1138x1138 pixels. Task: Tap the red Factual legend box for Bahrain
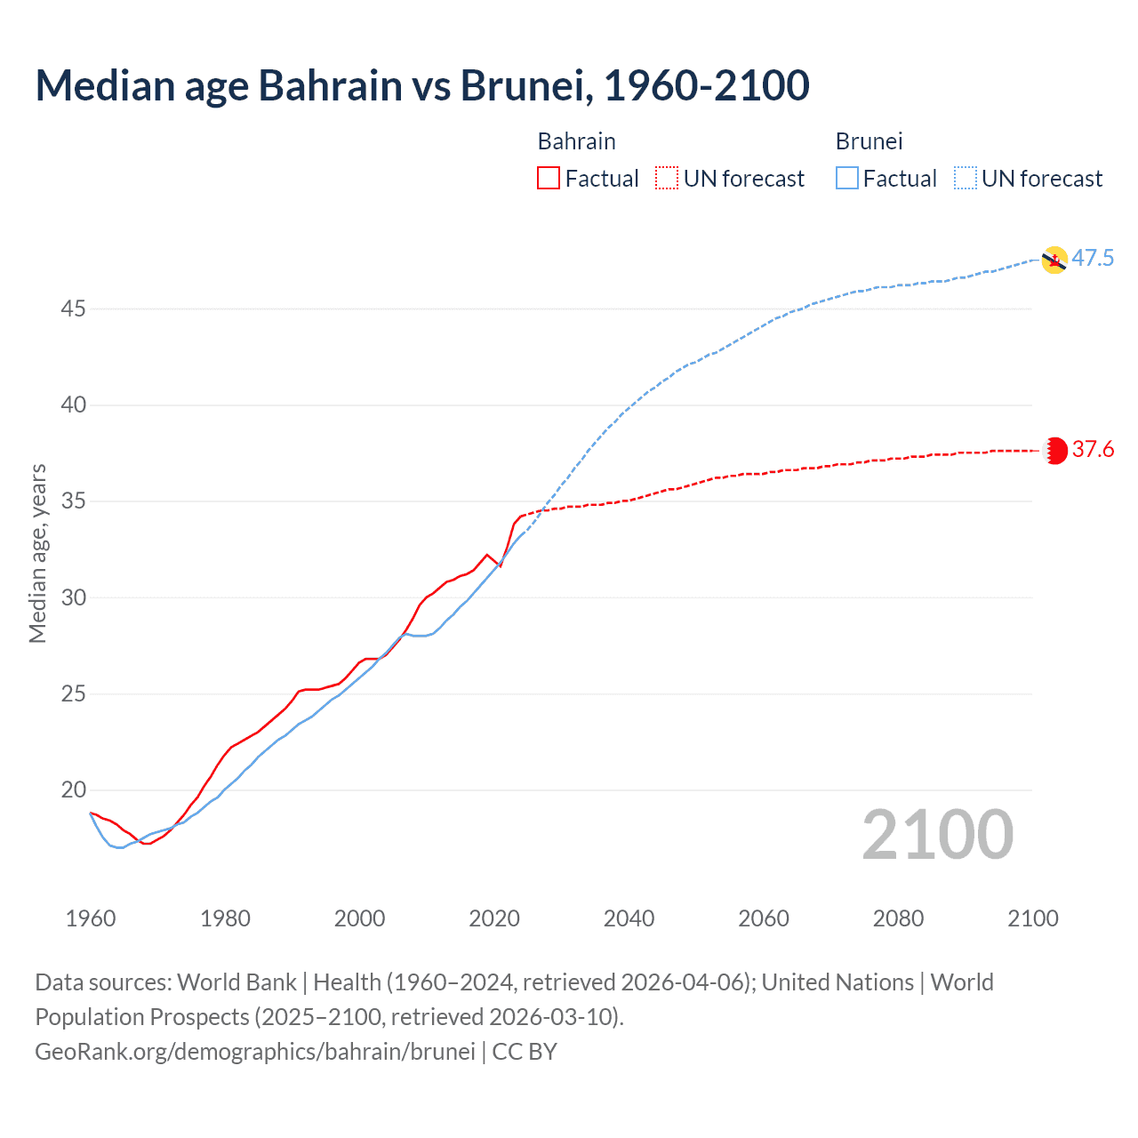tap(549, 179)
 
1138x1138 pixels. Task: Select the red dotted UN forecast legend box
tap(667, 179)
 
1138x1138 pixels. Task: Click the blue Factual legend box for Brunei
tap(847, 179)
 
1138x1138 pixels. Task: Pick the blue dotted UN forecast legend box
tap(965, 179)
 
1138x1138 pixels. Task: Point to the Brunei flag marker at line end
tap(1054, 260)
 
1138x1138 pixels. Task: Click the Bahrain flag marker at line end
tap(1055, 451)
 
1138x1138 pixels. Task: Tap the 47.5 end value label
tap(1093, 259)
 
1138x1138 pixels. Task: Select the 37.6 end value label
tap(1093, 450)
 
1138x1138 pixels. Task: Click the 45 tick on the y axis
tap(74, 309)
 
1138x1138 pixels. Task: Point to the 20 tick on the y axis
tap(74, 790)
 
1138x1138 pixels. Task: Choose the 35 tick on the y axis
tap(74, 501)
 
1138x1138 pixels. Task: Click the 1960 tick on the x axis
tap(91, 918)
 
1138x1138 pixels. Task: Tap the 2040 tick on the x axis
tap(629, 918)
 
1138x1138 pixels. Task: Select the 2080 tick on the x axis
tap(898, 918)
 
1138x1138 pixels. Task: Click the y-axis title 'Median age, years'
tap(37, 553)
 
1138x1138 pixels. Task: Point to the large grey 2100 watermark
tap(938, 835)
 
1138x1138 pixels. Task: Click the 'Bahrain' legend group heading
tap(576, 141)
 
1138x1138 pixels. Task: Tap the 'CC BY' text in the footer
tap(525, 1052)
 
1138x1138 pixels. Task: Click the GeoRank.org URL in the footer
tap(255, 1052)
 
